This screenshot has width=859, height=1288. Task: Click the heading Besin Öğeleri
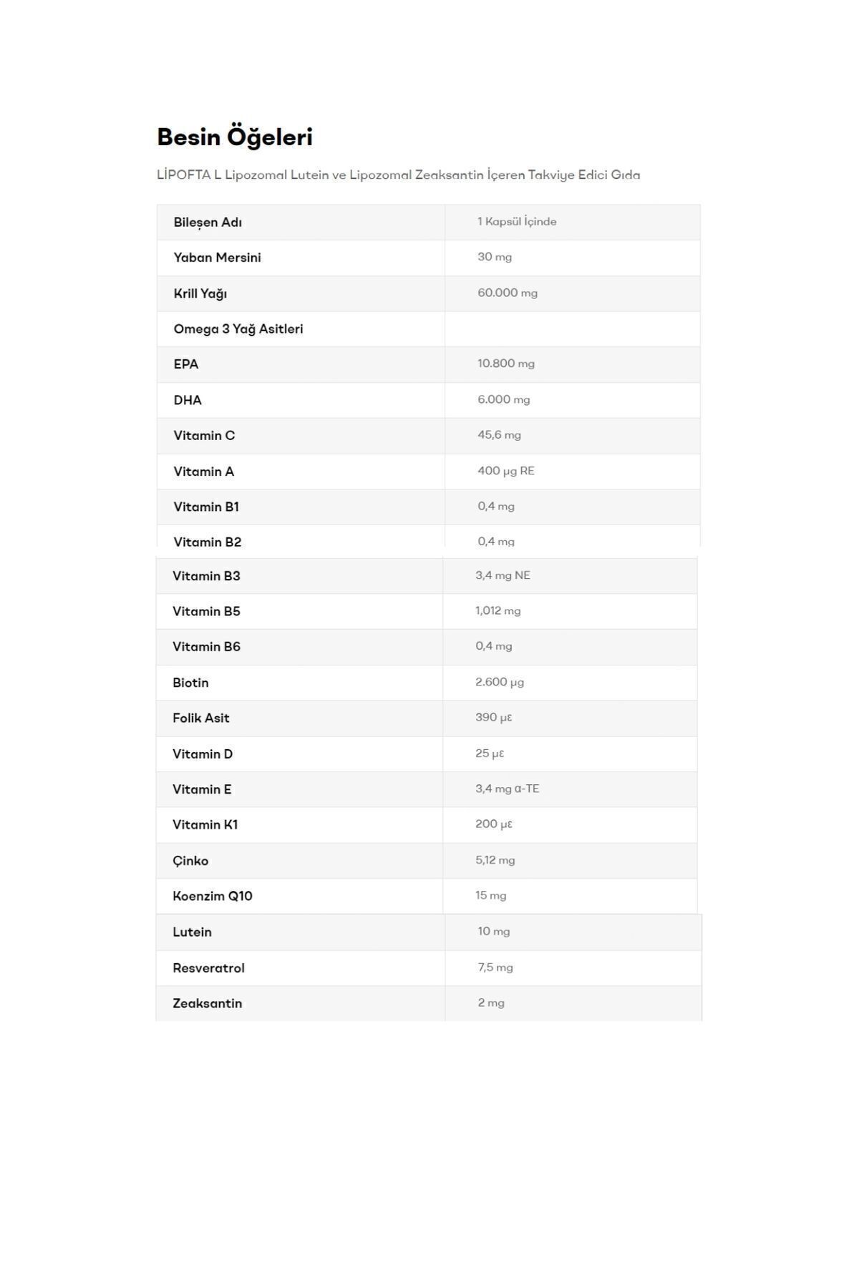(x=235, y=137)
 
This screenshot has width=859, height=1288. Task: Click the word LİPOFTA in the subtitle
(x=183, y=175)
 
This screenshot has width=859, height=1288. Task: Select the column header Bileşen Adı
(x=208, y=222)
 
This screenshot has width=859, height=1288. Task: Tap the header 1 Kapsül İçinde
(x=517, y=222)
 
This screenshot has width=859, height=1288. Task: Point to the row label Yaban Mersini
(x=217, y=258)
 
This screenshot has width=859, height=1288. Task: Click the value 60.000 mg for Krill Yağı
(x=508, y=293)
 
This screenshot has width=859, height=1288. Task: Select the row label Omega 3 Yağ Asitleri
(x=238, y=329)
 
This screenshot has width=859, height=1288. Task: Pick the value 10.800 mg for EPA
(x=506, y=364)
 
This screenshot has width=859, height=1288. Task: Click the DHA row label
(x=188, y=400)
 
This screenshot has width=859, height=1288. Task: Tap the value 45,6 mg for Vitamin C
(x=499, y=435)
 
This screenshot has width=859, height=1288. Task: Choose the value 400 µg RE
(x=506, y=471)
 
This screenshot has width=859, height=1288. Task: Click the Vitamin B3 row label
(x=206, y=576)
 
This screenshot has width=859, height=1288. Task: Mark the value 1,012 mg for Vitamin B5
(x=498, y=611)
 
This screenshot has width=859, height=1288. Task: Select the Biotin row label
(x=190, y=683)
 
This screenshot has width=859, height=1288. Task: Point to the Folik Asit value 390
(x=493, y=718)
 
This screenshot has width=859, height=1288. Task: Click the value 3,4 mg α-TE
(x=507, y=789)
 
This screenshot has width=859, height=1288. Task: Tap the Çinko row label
(x=190, y=861)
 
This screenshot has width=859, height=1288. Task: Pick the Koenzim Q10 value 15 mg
(x=490, y=896)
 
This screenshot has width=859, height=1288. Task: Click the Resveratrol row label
(x=208, y=968)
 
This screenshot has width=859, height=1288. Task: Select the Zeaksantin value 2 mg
(x=491, y=1003)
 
